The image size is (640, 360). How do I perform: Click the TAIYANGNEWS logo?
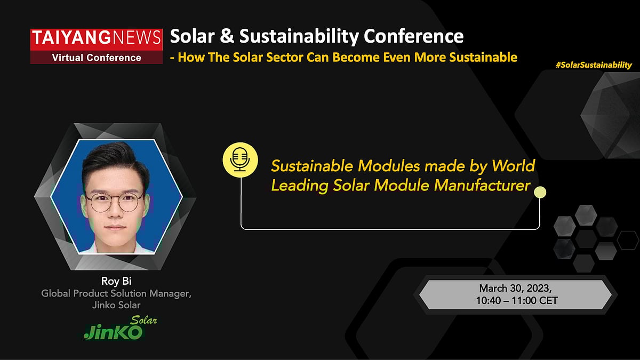[96, 37]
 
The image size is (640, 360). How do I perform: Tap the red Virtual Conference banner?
[96, 58]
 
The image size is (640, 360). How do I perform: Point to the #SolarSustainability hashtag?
[593, 65]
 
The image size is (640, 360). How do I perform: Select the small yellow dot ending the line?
[540, 192]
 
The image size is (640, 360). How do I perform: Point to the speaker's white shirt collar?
[114, 247]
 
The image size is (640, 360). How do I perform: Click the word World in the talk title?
[513, 166]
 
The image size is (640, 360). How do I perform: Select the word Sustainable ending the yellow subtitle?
[482, 57]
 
